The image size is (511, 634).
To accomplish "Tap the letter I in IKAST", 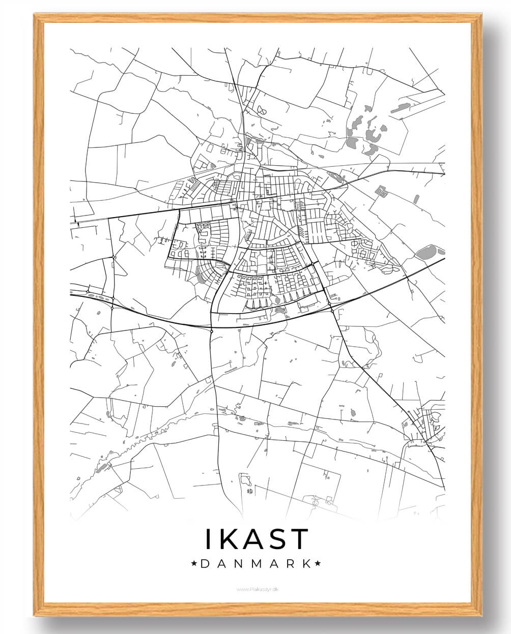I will (x=208, y=539).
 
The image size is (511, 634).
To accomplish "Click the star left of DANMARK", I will (x=194, y=563).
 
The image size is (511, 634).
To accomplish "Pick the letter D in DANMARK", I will (x=205, y=563).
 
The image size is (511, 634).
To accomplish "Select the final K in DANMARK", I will (x=305, y=563).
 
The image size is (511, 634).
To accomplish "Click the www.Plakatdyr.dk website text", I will (x=258, y=589).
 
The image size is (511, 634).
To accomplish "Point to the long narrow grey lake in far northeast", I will (x=401, y=108).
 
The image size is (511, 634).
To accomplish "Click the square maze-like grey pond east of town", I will (x=381, y=191).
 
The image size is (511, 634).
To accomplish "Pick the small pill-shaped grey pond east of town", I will (x=416, y=199).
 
